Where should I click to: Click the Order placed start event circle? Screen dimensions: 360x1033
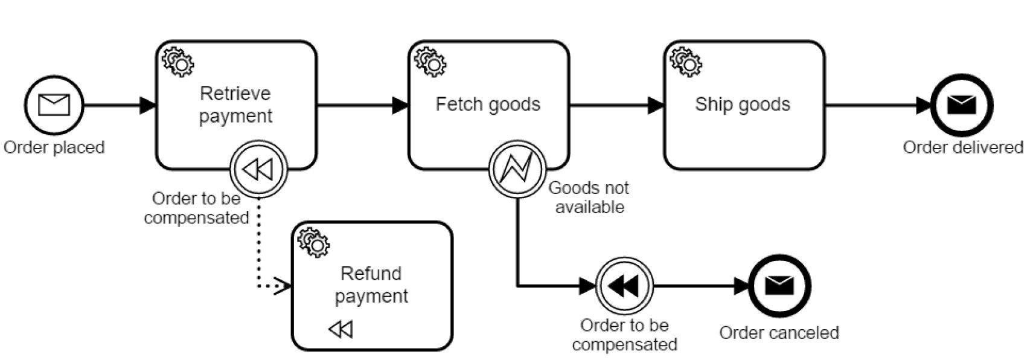[x=54, y=105]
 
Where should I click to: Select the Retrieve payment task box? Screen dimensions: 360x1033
[x=235, y=121]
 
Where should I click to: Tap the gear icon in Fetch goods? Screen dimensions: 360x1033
[x=430, y=62]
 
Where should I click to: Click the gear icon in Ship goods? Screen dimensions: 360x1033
[x=686, y=62]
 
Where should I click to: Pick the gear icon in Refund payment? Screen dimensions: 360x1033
[x=314, y=242]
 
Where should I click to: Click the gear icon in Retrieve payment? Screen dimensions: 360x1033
[x=178, y=62]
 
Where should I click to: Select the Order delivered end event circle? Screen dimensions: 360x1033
[x=961, y=105]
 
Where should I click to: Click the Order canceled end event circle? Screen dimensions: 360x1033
[x=779, y=286]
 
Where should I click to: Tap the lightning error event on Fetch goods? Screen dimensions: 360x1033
[x=517, y=169]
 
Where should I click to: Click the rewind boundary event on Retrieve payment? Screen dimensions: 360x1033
[x=258, y=170]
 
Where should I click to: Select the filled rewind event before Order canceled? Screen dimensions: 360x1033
[x=624, y=286]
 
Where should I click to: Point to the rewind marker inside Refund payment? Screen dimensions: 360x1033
[x=341, y=329]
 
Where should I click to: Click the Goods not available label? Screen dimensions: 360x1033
[x=589, y=198]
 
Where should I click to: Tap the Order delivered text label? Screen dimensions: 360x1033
[x=962, y=147]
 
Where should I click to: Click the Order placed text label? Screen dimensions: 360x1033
[x=54, y=147]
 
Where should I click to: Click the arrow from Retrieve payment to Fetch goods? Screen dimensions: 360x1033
[x=362, y=105]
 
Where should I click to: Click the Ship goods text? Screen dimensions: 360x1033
[x=742, y=104]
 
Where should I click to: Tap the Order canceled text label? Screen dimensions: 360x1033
[x=779, y=333]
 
